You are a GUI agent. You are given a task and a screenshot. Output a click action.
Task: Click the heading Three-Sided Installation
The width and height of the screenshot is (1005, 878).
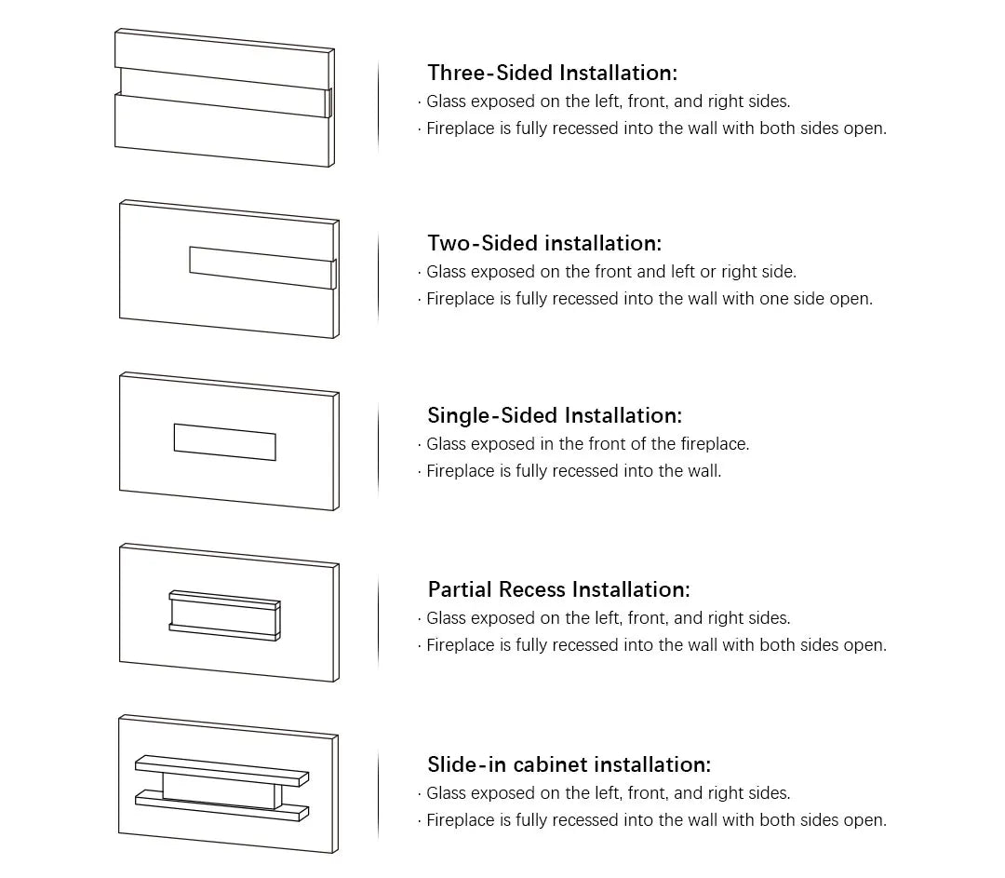click(552, 73)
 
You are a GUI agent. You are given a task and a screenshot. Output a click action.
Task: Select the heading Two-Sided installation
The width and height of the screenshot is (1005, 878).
click(544, 243)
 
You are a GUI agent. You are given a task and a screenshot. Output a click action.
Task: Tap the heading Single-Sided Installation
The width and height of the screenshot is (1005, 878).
click(555, 415)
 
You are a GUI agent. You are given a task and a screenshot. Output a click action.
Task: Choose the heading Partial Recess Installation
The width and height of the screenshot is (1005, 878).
click(559, 589)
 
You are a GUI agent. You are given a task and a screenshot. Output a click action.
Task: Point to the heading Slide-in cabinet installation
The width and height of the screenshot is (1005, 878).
click(569, 764)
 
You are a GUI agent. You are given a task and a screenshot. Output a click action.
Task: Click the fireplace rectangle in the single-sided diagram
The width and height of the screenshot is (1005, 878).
click(225, 442)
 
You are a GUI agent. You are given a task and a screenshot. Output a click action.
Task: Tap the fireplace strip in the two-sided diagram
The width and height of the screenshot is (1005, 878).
click(262, 267)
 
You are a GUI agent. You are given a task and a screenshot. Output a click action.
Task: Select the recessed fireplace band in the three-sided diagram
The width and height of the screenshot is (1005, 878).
click(224, 92)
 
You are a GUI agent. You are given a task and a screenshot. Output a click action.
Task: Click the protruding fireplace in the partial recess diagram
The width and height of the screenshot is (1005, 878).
click(224, 615)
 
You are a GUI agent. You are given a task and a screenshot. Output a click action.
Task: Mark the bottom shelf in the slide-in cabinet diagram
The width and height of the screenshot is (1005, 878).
click(221, 806)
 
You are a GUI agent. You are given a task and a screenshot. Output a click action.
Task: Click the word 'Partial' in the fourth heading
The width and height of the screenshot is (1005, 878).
click(461, 589)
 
